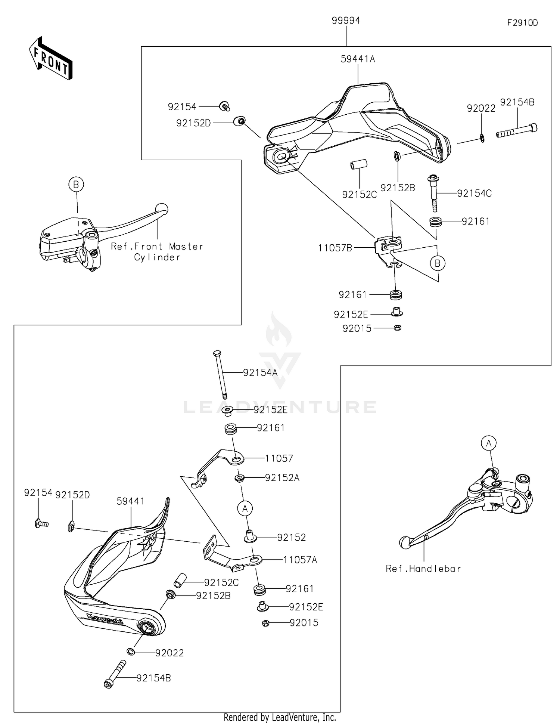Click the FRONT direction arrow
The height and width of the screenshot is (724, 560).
[x=51, y=59]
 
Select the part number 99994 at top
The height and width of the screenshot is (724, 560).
[x=346, y=21]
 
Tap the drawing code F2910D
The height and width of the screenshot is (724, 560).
[x=522, y=23]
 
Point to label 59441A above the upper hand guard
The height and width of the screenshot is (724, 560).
[x=358, y=59]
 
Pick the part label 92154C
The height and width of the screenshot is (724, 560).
[x=474, y=193]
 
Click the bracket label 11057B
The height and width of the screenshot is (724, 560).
[x=335, y=248]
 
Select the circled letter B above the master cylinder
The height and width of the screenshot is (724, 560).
[x=76, y=185]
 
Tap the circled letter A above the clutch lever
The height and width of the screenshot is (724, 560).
[x=489, y=443]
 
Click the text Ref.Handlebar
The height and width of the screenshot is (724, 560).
[x=423, y=569]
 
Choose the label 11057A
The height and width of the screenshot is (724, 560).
[x=300, y=560]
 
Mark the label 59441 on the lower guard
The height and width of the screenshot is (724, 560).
[x=130, y=501]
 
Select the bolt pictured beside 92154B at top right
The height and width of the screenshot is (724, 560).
[x=517, y=130]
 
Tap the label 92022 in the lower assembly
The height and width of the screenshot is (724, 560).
[x=169, y=653]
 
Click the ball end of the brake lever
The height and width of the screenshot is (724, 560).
[x=162, y=208]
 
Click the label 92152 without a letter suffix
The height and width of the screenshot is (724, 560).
[x=291, y=537]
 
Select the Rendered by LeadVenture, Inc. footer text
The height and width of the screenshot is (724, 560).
[x=280, y=717]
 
